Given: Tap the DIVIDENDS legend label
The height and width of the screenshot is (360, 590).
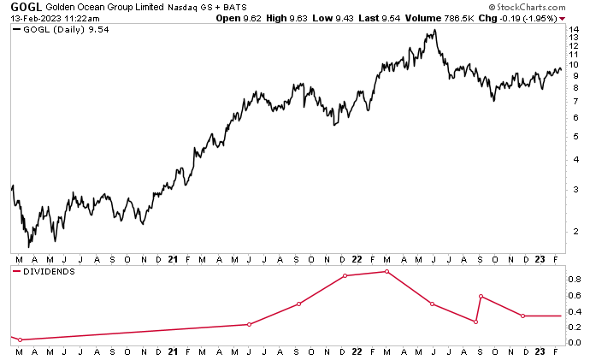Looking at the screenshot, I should point(50,271).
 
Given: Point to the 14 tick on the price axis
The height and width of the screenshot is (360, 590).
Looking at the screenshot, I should point(575,30).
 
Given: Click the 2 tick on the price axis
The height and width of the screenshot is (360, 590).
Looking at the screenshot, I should point(576,230).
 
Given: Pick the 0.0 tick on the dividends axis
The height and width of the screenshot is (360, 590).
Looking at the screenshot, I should point(575,343).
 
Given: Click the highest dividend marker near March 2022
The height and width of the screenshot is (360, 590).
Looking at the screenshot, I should point(386,271).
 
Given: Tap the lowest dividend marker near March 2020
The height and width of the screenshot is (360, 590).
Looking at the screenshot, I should point(20,340).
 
